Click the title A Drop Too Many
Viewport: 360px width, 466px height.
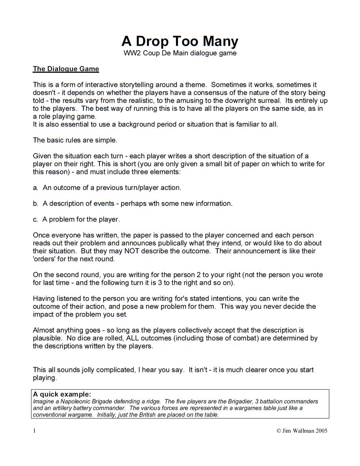pyautogui.click(x=180, y=41)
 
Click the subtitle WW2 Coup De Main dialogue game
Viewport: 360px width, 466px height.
pyautogui.click(x=180, y=53)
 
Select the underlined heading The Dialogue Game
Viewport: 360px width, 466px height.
pyautogui.click(x=66, y=69)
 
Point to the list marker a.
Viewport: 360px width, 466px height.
pyautogui.click(x=35, y=188)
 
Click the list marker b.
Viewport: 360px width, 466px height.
pyautogui.click(x=35, y=204)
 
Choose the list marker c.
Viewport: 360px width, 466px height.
pyautogui.click(x=35, y=220)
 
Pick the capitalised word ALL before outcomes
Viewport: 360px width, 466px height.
pyautogui.click(x=132, y=338)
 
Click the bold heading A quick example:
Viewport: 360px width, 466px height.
pyautogui.click(x=62, y=394)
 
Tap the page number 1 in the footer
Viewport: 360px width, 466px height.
pyautogui.click(x=35, y=431)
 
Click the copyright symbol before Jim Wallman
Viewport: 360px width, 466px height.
pyautogui.click(x=278, y=431)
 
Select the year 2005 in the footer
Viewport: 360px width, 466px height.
pyautogui.click(x=321, y=431)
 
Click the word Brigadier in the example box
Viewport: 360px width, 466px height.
pyautogui.click(x=242, y=401)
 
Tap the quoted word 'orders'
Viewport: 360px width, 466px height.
pyautogui.click(x=44, y=259)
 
